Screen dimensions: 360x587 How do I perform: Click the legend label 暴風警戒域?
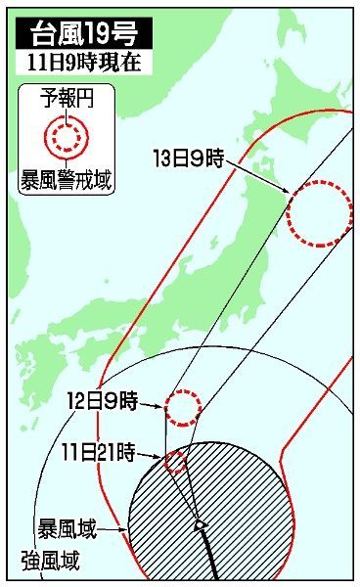click(67, 178)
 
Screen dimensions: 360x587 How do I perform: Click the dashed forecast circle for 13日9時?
click(320, 212)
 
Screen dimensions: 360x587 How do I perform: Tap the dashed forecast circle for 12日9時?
click(183, 407)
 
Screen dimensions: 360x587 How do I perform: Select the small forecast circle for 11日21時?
click(176, 462)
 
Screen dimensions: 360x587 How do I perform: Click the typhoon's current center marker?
click(199, 524)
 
